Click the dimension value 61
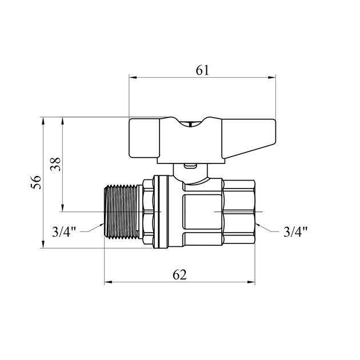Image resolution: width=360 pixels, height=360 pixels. [202, 70]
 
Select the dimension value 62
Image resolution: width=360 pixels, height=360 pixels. [180, 275]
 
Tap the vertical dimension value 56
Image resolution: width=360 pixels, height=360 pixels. [36, 182]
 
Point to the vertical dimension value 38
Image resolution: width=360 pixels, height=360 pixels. [55, 164]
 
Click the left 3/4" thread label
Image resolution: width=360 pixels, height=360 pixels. [64, 231]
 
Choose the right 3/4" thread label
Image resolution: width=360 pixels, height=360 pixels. [295, 231]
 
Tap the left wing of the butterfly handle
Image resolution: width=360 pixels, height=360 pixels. [144, 138]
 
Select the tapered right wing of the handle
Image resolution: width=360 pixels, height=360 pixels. [249, 138]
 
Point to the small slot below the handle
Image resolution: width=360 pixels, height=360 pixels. [190, 165]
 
